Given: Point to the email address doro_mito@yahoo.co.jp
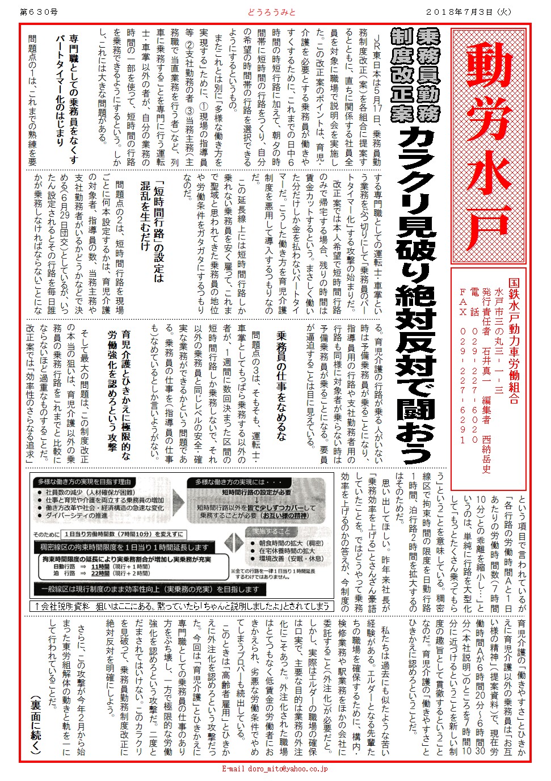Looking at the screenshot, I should (275, 769).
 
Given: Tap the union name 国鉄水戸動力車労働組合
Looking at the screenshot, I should (513, 341).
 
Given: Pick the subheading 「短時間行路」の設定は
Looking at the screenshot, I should (159, 227).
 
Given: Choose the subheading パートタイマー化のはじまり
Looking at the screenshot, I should (60, 91).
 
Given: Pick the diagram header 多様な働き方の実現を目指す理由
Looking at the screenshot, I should (85, 481).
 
